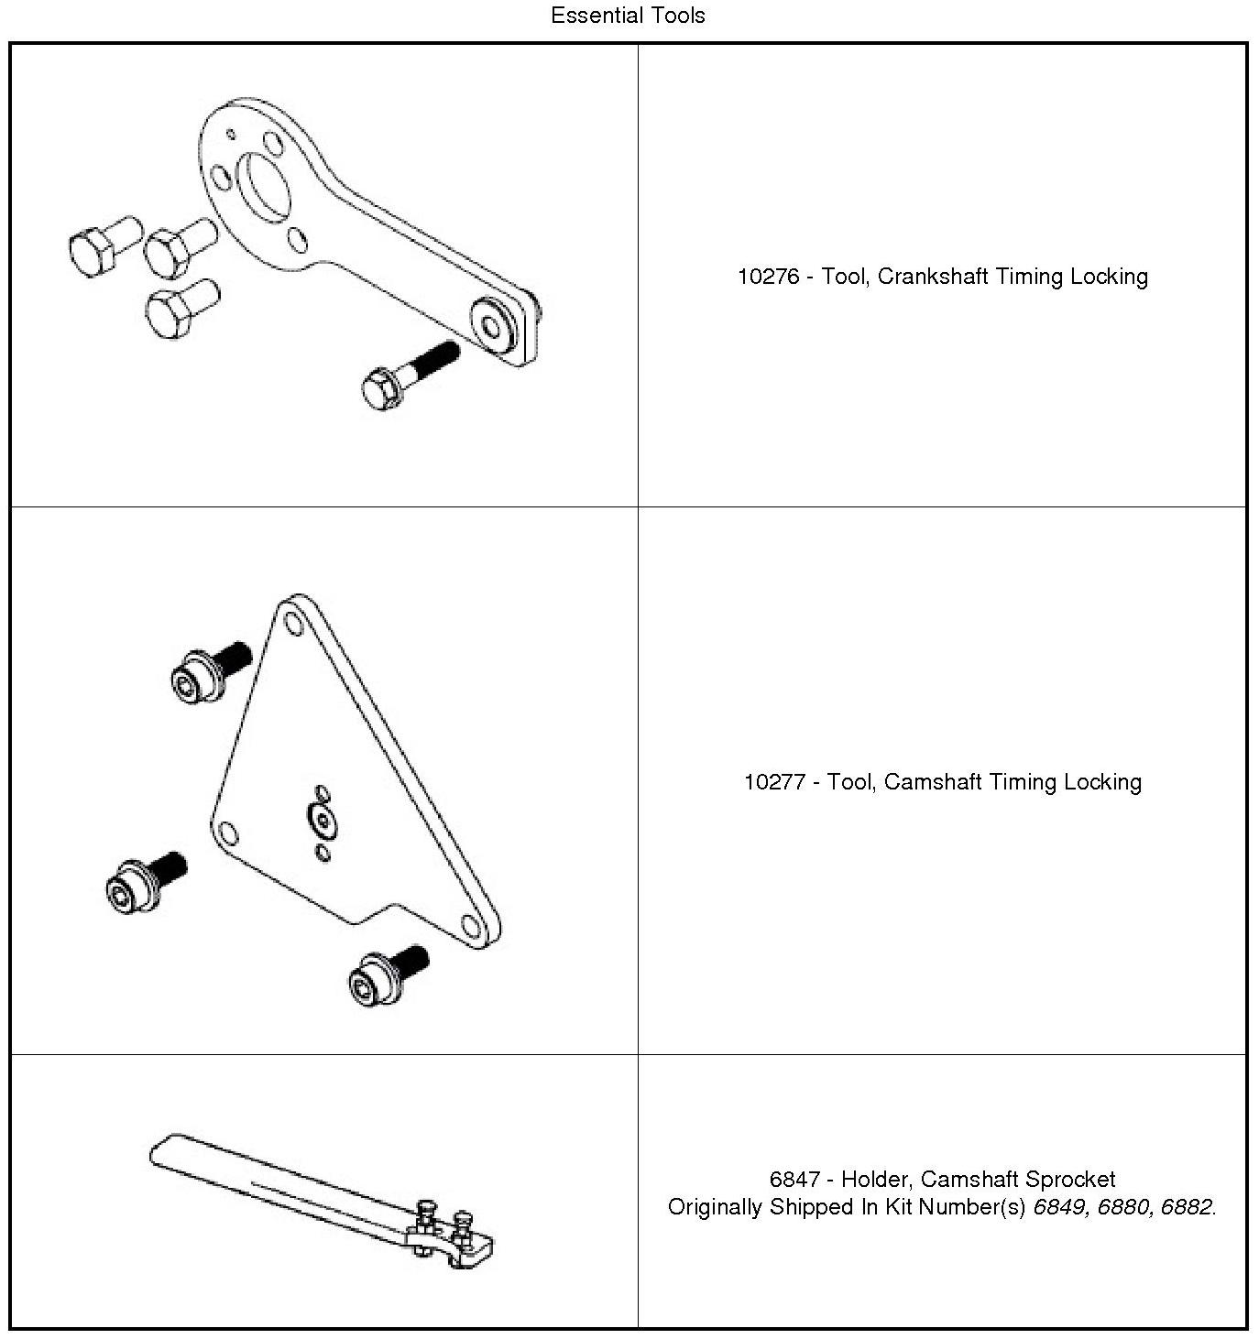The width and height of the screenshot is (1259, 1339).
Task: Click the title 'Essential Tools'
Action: tap(628, 16)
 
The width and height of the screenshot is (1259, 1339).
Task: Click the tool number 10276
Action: tap(768, 277)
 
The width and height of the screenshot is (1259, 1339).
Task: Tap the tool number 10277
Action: tap(774, 782)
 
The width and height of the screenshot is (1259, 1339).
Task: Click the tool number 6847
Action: tap(794, 1179)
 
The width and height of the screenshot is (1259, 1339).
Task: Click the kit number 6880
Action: tap(1122, 1207)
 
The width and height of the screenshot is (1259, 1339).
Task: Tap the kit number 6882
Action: tap(1186, 1207)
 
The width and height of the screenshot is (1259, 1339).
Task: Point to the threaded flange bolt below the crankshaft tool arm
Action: tap(407, 376)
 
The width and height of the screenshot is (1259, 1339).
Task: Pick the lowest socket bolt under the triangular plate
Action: tap(387, 974)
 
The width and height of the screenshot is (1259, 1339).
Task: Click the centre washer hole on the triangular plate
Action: tap(322, 818)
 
